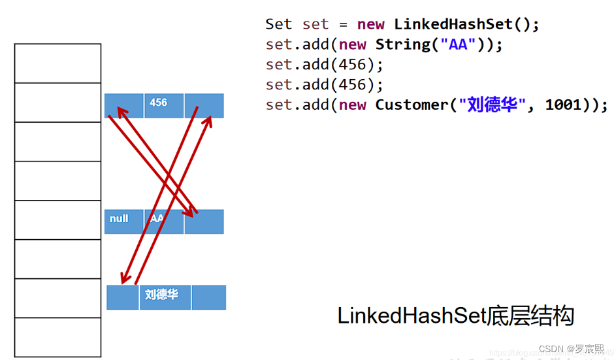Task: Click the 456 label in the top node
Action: (x=158, y=103)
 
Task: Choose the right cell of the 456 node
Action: (x=204, y=105)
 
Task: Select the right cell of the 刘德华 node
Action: (x=209, y=297)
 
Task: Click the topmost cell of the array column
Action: (x=57, y=63)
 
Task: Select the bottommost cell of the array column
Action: (x=57, y=337)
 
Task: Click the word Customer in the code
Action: (x=411, y=105)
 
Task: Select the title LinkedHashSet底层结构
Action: (x=455, y=316)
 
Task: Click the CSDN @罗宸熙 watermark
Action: (x=566, y=349)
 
